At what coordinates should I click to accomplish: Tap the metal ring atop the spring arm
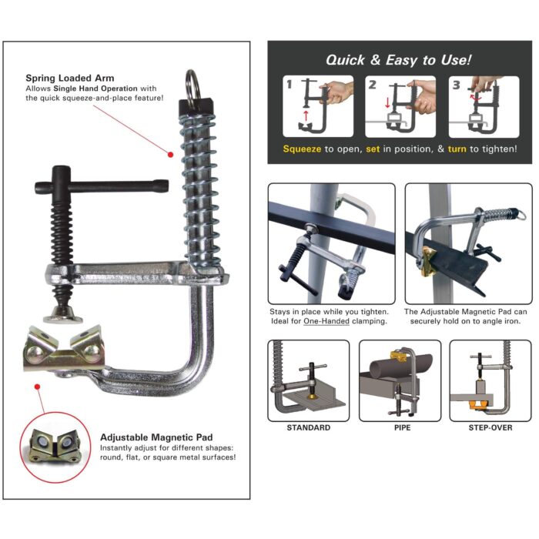tap(192, 82)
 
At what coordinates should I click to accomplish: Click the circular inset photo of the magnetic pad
tap(54, 444)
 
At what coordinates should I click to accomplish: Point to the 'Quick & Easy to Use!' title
tap(398, 59)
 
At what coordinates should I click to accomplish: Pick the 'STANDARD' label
tap(308, 427)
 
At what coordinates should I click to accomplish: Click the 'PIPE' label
tap(400, 427)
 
